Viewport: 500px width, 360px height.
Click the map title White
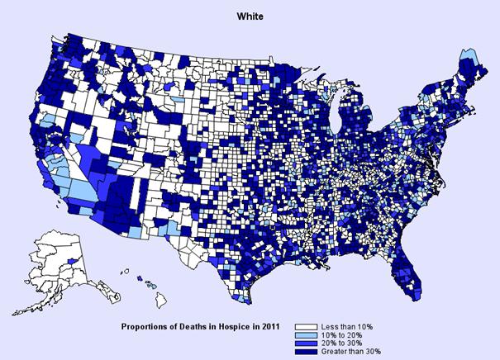tap(249, 15)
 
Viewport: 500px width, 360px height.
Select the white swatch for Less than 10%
tap(313, 327)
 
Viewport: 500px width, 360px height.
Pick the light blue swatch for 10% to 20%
tap(313, 335)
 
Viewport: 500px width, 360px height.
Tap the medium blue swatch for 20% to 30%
tap(313, 343)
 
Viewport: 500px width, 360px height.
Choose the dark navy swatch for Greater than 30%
tap(313, 352)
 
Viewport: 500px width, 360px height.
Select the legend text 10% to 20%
tap(347, 335)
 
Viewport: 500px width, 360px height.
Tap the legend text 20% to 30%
tap(347, 343)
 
